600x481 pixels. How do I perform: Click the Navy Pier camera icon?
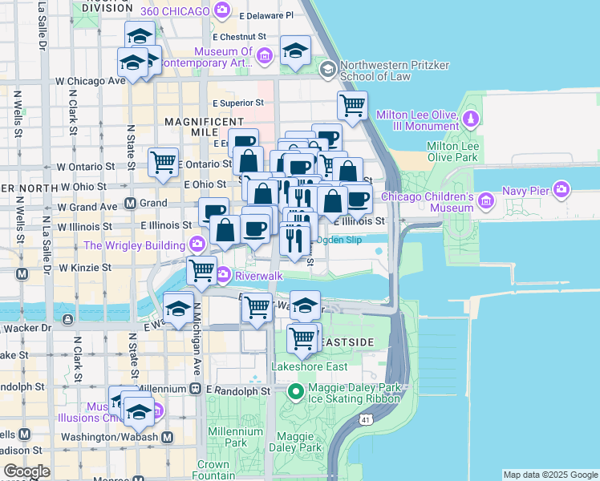click(x=562, y=189)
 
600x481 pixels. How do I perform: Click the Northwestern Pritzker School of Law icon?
click(x=326, y=69)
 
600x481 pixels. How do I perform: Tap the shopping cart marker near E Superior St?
click(x=352, y=105)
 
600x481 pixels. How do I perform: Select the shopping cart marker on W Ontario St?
click(x=164, y=163)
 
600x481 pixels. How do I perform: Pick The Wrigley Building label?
click(x=136, y=245)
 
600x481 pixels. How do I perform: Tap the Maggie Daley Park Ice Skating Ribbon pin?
click(x=295, y=392)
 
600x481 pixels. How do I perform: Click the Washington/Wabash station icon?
click(x=167, y=438)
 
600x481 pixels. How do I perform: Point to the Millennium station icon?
click(x=195, y=389)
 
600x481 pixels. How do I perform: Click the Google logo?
click(x=27, y=472)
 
